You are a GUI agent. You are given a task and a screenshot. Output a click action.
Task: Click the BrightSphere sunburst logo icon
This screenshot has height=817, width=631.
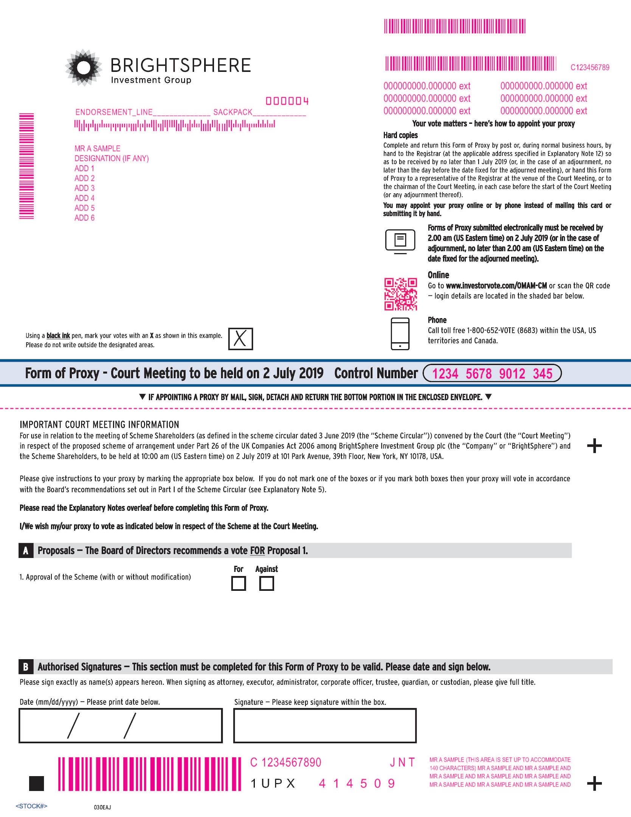84,68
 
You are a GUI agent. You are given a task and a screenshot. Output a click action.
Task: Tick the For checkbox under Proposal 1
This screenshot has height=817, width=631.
238,583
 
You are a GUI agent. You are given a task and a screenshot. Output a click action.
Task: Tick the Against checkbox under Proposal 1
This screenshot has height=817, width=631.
267,583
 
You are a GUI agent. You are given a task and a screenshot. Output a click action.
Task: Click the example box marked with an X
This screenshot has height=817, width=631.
240,339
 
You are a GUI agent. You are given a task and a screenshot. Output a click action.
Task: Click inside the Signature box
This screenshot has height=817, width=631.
325,725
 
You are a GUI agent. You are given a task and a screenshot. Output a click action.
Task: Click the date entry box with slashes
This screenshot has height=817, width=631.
120,725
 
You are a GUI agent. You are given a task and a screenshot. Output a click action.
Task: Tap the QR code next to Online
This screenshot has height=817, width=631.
400,294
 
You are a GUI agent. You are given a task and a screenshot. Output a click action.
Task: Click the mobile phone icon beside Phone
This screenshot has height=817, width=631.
400,334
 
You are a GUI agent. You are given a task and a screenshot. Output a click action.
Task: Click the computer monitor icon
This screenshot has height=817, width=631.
400,241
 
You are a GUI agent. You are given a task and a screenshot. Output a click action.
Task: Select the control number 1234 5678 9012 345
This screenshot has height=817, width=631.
492,374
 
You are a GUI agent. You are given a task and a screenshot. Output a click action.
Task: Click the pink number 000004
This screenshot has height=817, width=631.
287,101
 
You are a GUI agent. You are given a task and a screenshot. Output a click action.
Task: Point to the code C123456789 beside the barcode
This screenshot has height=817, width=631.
590,67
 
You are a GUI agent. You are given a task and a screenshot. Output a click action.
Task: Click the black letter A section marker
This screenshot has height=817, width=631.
26,550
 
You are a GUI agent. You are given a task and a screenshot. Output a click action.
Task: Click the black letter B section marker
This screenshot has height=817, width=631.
26,666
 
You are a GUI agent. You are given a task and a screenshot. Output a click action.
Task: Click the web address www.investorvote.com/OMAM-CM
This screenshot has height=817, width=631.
496,286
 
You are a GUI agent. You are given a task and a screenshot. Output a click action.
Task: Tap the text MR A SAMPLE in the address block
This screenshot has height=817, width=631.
97,148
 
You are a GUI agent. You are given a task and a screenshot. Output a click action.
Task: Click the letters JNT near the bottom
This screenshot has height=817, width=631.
403,762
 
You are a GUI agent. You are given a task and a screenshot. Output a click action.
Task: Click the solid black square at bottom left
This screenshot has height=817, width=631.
37,783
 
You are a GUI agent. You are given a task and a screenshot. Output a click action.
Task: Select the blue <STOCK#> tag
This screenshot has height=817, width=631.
31,806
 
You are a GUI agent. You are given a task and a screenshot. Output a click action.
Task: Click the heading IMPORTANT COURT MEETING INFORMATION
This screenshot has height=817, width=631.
99,424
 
